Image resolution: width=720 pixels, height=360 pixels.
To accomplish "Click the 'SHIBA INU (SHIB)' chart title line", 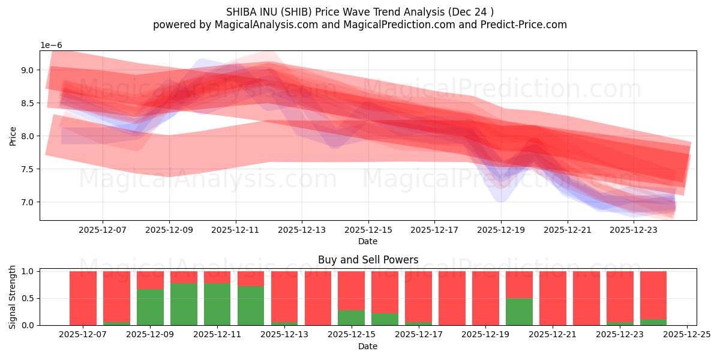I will [360, 12].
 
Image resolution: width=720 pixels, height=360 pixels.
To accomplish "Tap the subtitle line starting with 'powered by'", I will [360, 25].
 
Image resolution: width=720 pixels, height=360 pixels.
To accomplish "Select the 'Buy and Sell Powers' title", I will [368, 260].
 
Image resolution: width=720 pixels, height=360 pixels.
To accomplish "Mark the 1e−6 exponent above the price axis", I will [51, 46].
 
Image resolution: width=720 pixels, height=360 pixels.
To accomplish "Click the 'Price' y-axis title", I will [13, 136].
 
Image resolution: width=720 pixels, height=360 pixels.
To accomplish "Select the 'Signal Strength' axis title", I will [13, 297].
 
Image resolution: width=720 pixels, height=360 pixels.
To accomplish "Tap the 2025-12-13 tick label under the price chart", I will [302, 229].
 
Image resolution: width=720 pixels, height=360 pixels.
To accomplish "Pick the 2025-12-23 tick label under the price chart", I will [634, 229].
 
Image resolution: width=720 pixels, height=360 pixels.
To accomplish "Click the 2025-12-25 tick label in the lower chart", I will [686, 334].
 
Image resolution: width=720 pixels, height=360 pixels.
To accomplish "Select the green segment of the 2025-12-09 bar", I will [150, 307].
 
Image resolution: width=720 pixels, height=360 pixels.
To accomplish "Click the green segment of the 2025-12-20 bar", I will [519, 311].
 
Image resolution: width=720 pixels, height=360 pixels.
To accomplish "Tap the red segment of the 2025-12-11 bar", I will [217, 277].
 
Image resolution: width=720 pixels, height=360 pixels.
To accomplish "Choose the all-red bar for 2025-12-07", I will [83, 298].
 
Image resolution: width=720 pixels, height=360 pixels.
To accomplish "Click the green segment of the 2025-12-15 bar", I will [351, 317].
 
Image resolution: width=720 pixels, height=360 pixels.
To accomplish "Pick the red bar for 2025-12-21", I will [553, 298].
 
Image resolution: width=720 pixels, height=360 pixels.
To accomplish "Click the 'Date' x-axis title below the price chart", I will [368, 241].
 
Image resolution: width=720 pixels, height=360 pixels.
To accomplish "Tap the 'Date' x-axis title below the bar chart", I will [368, 346].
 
